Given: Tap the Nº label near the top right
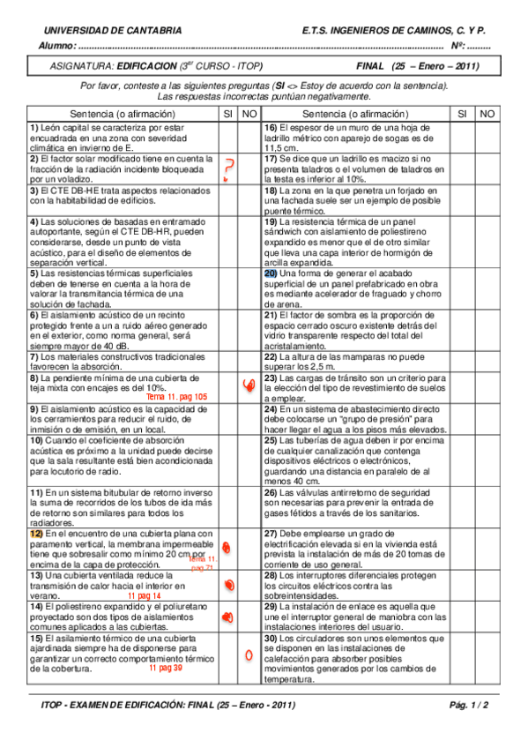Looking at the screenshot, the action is tap(457, 46).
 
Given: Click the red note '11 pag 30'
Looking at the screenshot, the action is tap(165, 668).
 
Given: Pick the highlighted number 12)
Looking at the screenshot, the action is tap(35, 534).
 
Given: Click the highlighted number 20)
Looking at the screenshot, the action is tap(271, 273).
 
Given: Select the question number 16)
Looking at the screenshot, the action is tap(271, 128).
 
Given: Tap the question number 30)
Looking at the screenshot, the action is tap(271, 638).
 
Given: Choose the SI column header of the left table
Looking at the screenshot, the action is tap(227, 114).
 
